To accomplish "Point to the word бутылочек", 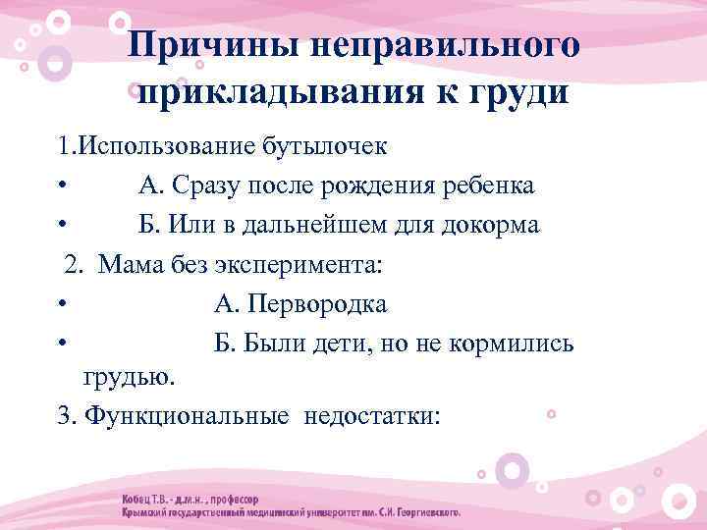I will [325, 148].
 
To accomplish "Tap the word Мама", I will [129, 265].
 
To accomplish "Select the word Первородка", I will [313, 305].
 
